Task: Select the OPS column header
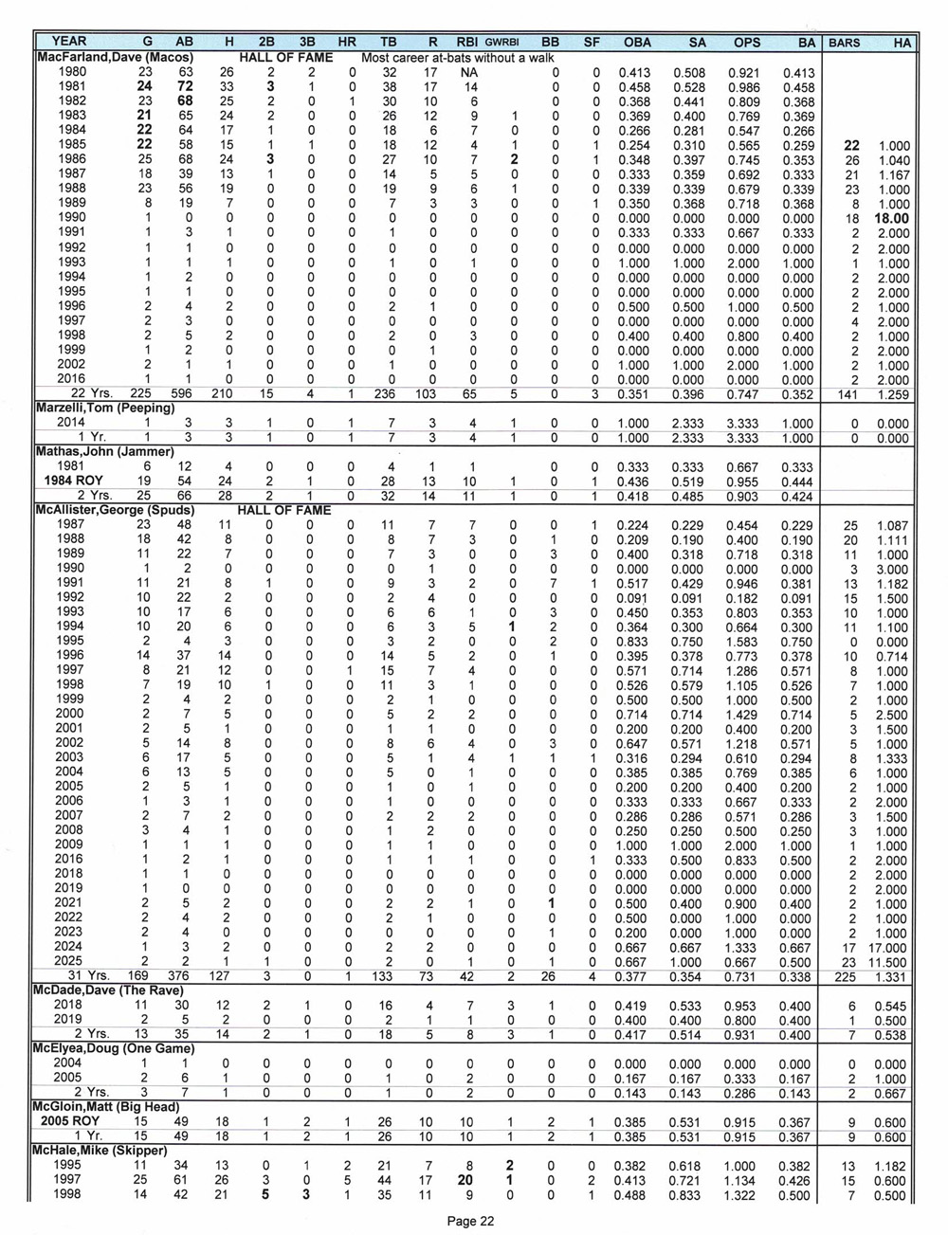(746, 42)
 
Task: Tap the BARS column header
(844, 42)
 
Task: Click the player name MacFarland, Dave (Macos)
(114, 57)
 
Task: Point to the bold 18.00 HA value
(891, 219)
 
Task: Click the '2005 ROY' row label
(69, 1121)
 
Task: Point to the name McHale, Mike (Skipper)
(100, 1151)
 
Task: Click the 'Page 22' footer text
(470, 1221)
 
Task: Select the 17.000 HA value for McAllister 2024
(887, 946)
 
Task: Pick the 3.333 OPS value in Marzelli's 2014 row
(746, 423)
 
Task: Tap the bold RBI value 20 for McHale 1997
(465, 1180)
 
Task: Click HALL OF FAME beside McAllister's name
(283, 510)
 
